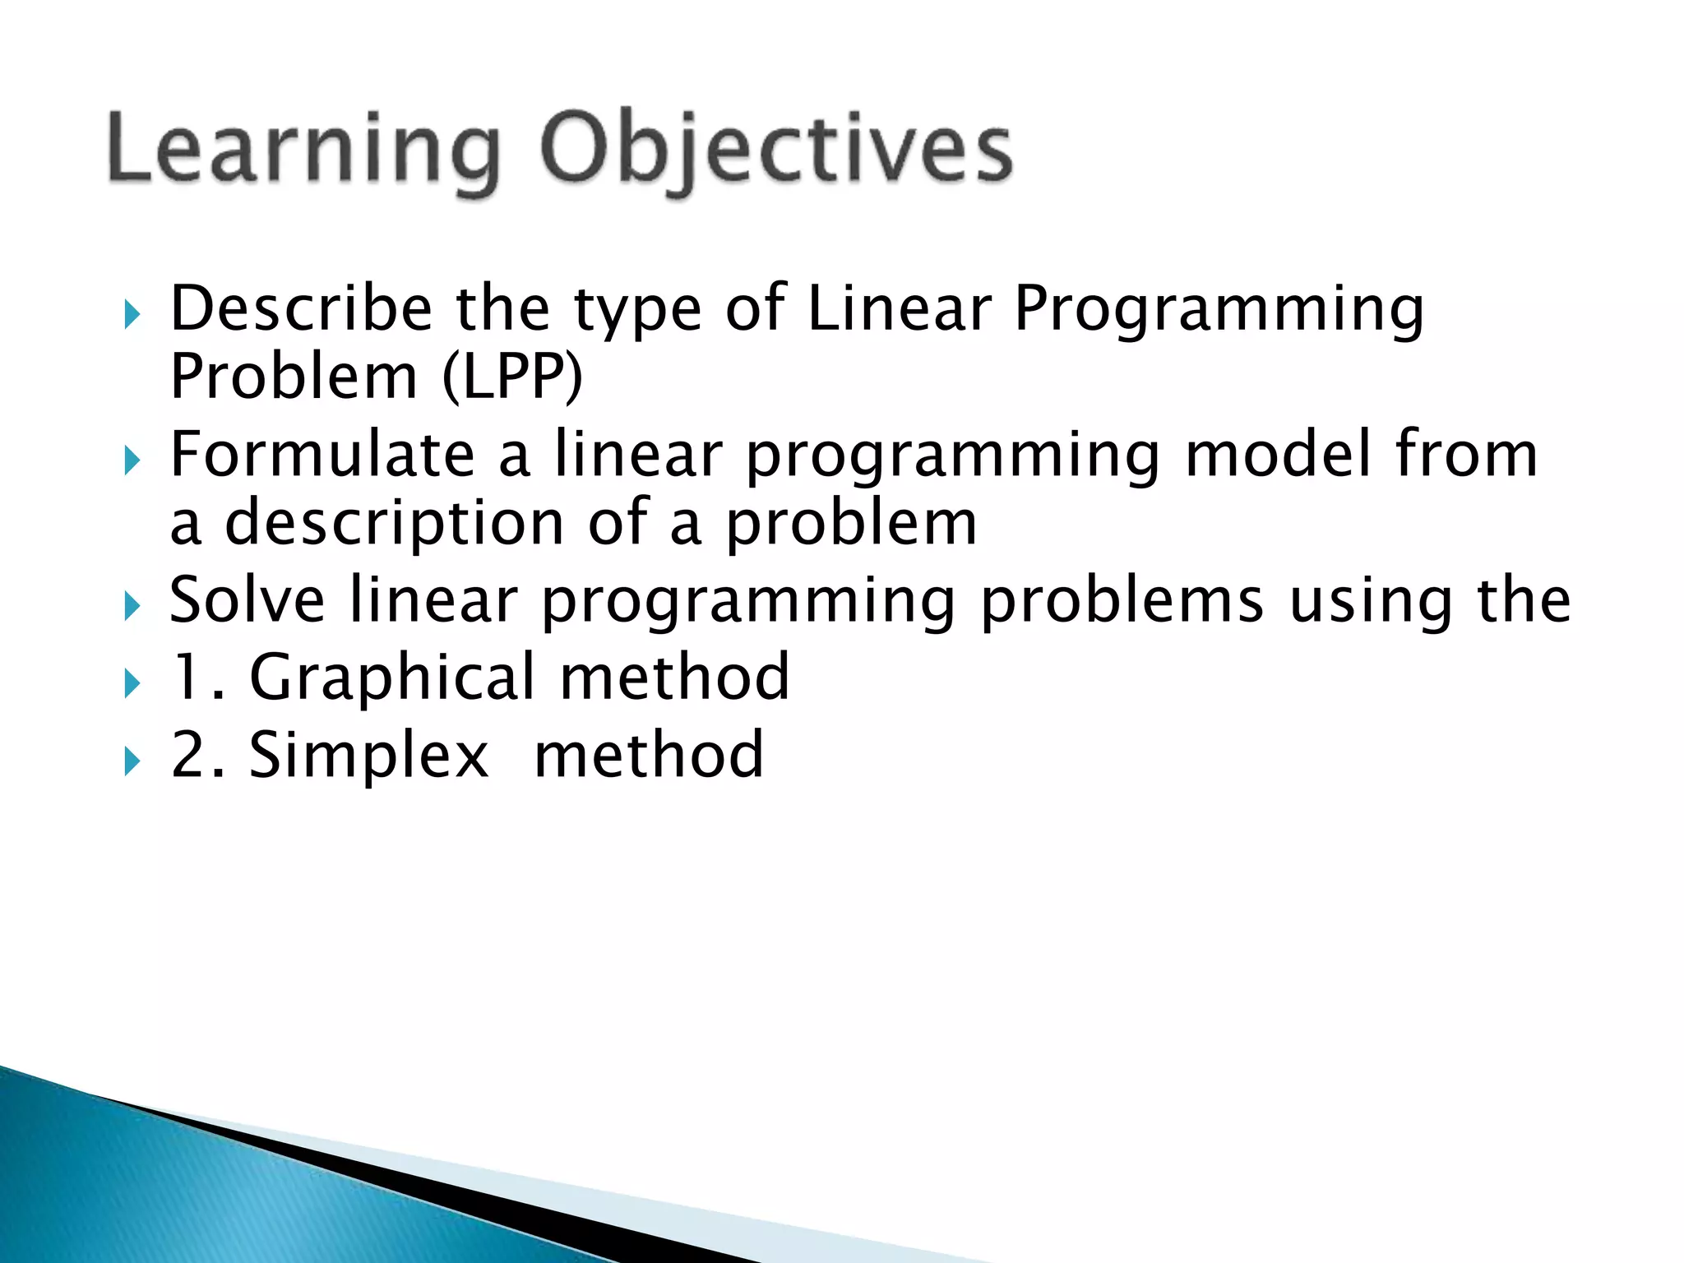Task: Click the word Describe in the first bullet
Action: (x=301, y=309)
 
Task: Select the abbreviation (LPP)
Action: (x=511, y=377)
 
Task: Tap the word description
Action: (x=395, y=524)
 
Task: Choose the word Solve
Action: (x=247, y=600)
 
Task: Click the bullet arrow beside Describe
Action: (x=132, y=314)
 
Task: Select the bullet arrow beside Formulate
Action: (x=132, y=460)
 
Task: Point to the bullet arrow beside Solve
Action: (x=132, y=607)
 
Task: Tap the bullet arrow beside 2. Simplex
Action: (x=132, y=761)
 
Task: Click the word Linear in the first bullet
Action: (x=900, y=309)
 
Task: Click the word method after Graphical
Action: (x=674, y=678)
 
